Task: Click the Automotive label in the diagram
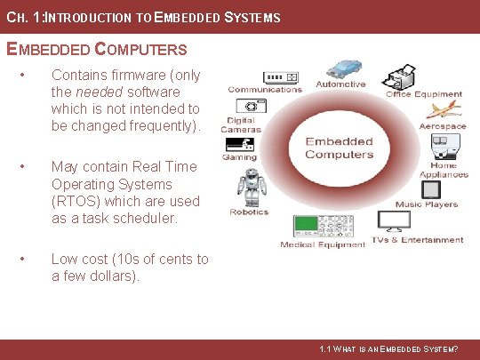[x=340, y=84]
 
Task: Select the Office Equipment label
[x=423, y=94]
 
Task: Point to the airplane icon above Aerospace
[x=442, y=111]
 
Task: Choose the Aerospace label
[x=443, y=126]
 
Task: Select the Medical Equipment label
[x=322, y=244]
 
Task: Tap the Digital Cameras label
[x=240, y=124]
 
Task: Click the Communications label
[x=265, y=89]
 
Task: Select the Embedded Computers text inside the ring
[x=339, y=148]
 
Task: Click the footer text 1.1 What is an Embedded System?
[x=388, y=350]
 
